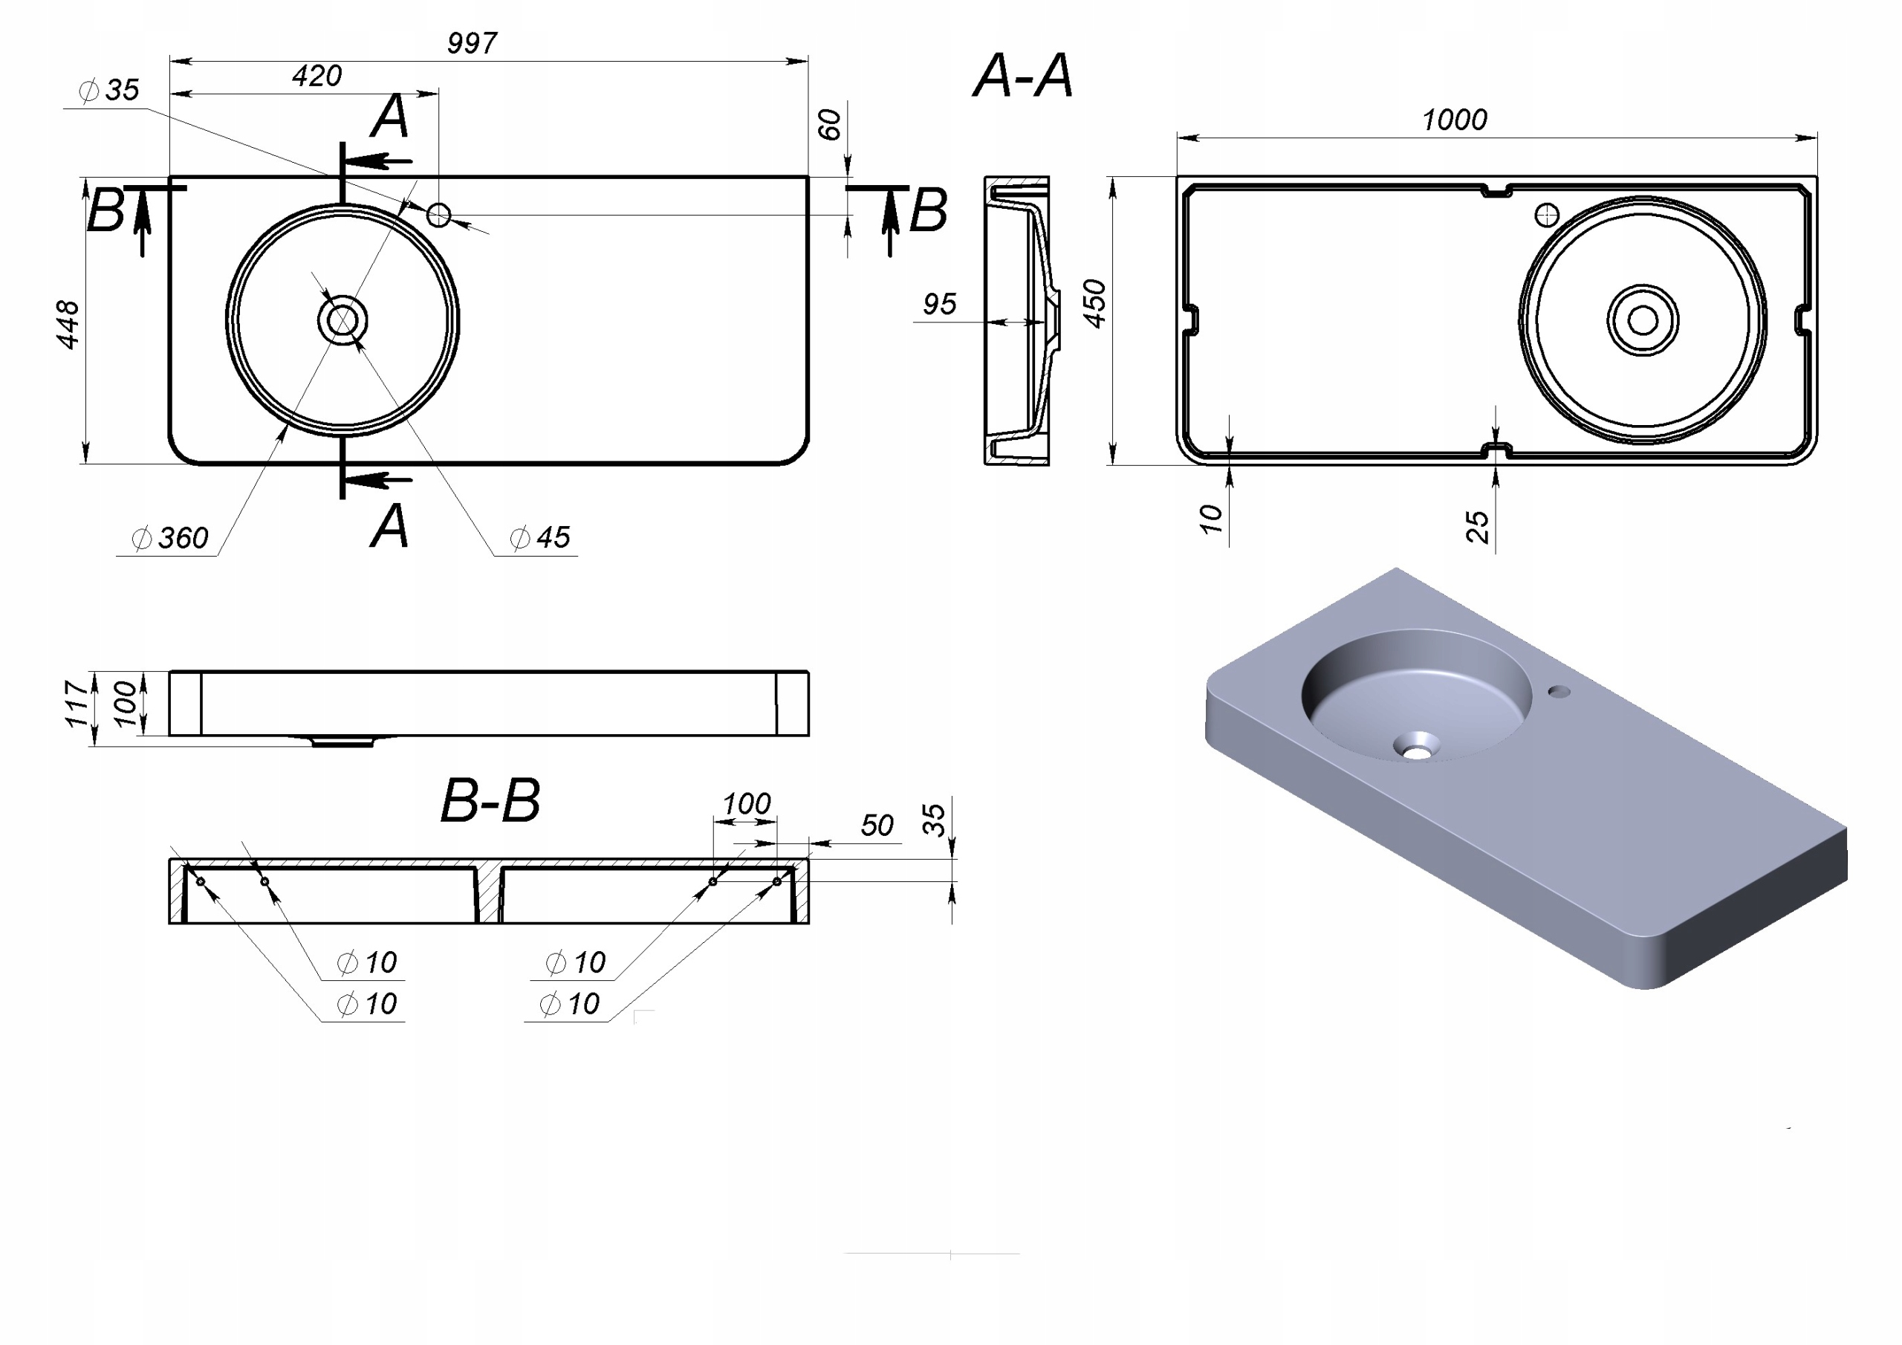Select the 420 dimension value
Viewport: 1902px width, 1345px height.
point(317,77)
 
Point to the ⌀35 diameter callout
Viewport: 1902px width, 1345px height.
point(108,89)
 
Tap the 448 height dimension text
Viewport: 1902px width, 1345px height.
point(67,324)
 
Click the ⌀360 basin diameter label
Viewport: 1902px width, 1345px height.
point(170,538)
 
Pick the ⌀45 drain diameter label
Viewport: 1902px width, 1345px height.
point(540,537)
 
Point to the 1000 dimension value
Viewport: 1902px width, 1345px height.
point(1455,120)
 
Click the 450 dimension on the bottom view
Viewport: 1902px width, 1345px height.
point(1094,303)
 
